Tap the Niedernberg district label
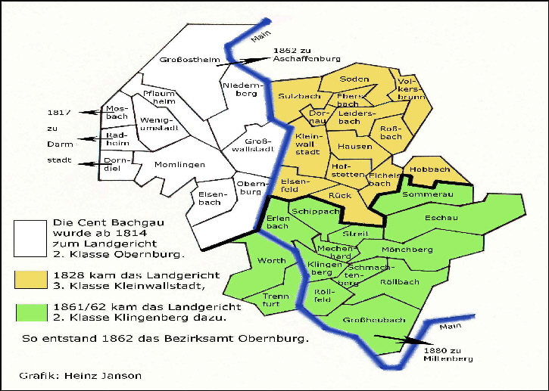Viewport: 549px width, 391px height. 241,89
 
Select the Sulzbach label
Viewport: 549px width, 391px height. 299,97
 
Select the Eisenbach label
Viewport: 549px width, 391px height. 210,197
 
